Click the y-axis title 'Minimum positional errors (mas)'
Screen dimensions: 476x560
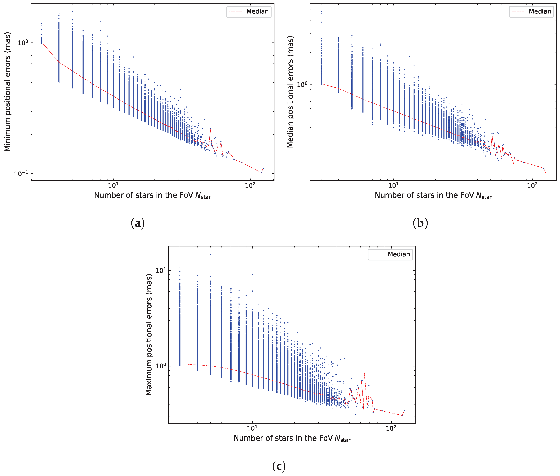coord(7,92)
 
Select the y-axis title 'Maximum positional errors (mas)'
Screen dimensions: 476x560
coord(149,335)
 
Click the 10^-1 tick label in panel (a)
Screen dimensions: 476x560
coord(21,174)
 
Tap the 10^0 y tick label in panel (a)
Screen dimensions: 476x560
coord(23,43)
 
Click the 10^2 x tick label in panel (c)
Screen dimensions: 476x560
coord(391,428)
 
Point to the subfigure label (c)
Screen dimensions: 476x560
coord(279,466)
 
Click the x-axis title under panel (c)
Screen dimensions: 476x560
coord(292,438)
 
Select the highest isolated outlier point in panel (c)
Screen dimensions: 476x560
coord(211,254)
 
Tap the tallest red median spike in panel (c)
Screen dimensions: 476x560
coord(365,373)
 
